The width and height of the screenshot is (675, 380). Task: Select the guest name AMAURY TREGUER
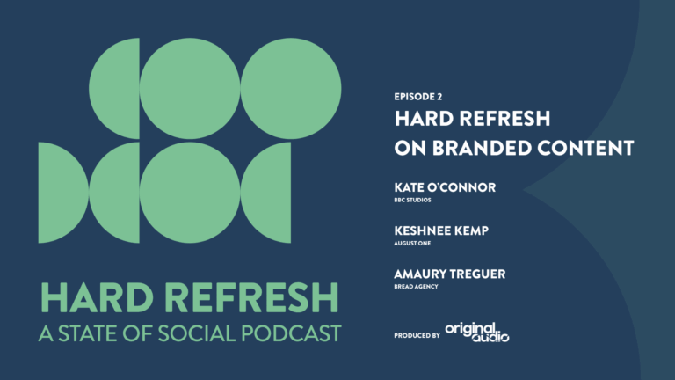pyautogui.click(x=451, y=274)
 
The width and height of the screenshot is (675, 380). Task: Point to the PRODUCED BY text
pyautogui.click(x=417, y=335)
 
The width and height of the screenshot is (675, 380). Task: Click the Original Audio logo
pyautogui.click(x=477, y=332)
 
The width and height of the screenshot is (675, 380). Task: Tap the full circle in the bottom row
pyautogui.click(x=190, y=192)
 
